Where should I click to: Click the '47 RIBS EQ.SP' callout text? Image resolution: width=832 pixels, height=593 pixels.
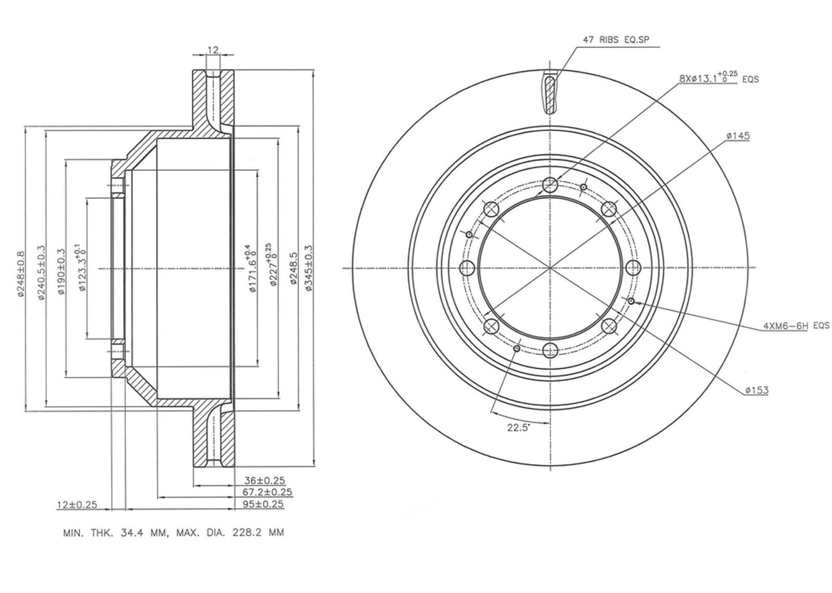[x=616, y=40]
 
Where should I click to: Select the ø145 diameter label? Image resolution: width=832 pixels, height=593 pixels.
[x=738, y=136]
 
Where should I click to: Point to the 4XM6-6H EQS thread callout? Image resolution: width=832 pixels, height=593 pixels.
[x=796, y=326]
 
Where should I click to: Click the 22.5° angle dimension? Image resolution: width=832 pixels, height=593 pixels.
[x=519, y=428]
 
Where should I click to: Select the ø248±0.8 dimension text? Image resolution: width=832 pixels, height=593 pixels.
[x=21, y=274]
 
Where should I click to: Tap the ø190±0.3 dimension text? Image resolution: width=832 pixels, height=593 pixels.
[x=62, y=271]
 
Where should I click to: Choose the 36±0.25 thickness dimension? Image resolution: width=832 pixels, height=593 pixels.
[x=264, y=481]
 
